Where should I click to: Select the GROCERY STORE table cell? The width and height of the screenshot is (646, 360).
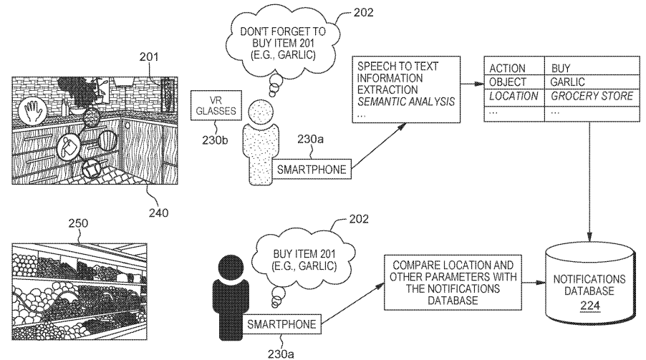(x=582, y=95)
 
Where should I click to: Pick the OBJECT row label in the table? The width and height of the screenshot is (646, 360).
(x=508, y=82)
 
